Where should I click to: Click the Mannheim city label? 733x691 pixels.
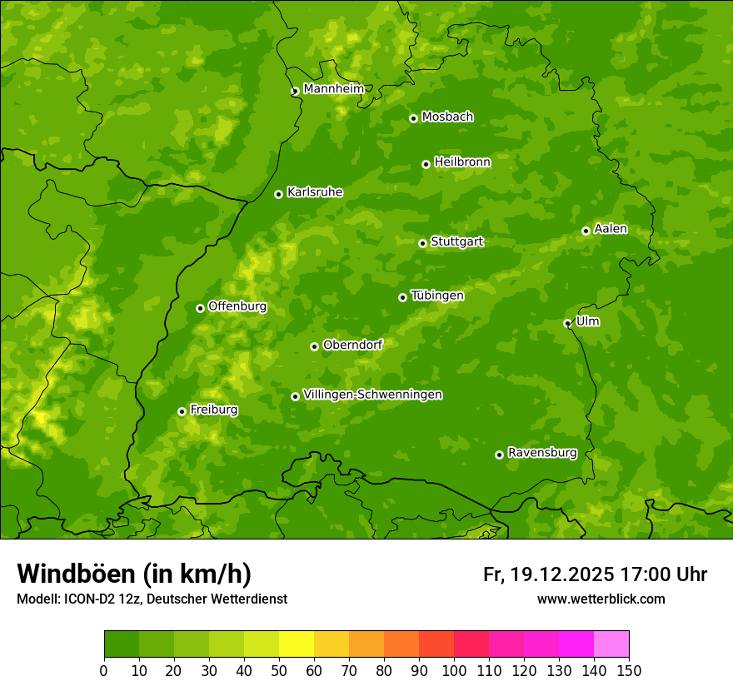[x=333, y=89]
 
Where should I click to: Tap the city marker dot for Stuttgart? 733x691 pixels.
[x=422, y=243]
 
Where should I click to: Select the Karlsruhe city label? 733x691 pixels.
[x=315, y=192]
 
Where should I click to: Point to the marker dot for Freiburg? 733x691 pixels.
[x=182, y=411]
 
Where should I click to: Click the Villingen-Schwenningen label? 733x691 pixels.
[x=372, y=395]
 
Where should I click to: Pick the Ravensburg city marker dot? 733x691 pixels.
[x=499, y=455]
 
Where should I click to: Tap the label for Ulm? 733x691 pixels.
[x=587, y=321]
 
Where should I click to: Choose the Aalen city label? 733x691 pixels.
[x=611, y=229]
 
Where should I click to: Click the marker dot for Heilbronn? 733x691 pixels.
[x=426, y=164]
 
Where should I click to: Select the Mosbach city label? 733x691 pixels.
[x=447, y=117]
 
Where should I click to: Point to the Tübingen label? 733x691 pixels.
[x=437, y=296]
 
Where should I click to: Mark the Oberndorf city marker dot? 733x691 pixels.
[x=314, y=346]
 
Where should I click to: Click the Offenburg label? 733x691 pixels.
[x=237, y=306]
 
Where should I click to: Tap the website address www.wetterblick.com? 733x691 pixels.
[x=601, y=599]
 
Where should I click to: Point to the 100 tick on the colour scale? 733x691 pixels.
[x=454, y=670]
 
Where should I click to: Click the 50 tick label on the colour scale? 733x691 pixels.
[x=279, y=670]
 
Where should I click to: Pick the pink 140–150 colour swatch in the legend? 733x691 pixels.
[x=611, y=644]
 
